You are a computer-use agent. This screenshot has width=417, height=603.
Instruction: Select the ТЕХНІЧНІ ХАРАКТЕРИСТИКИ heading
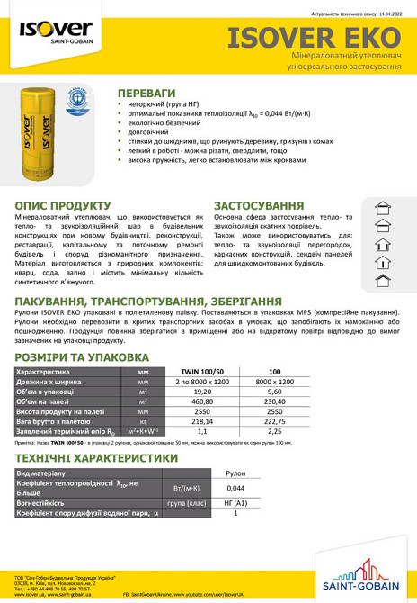tap(96, 457)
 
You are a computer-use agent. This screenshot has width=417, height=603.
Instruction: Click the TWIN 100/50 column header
tap(203, 371)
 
